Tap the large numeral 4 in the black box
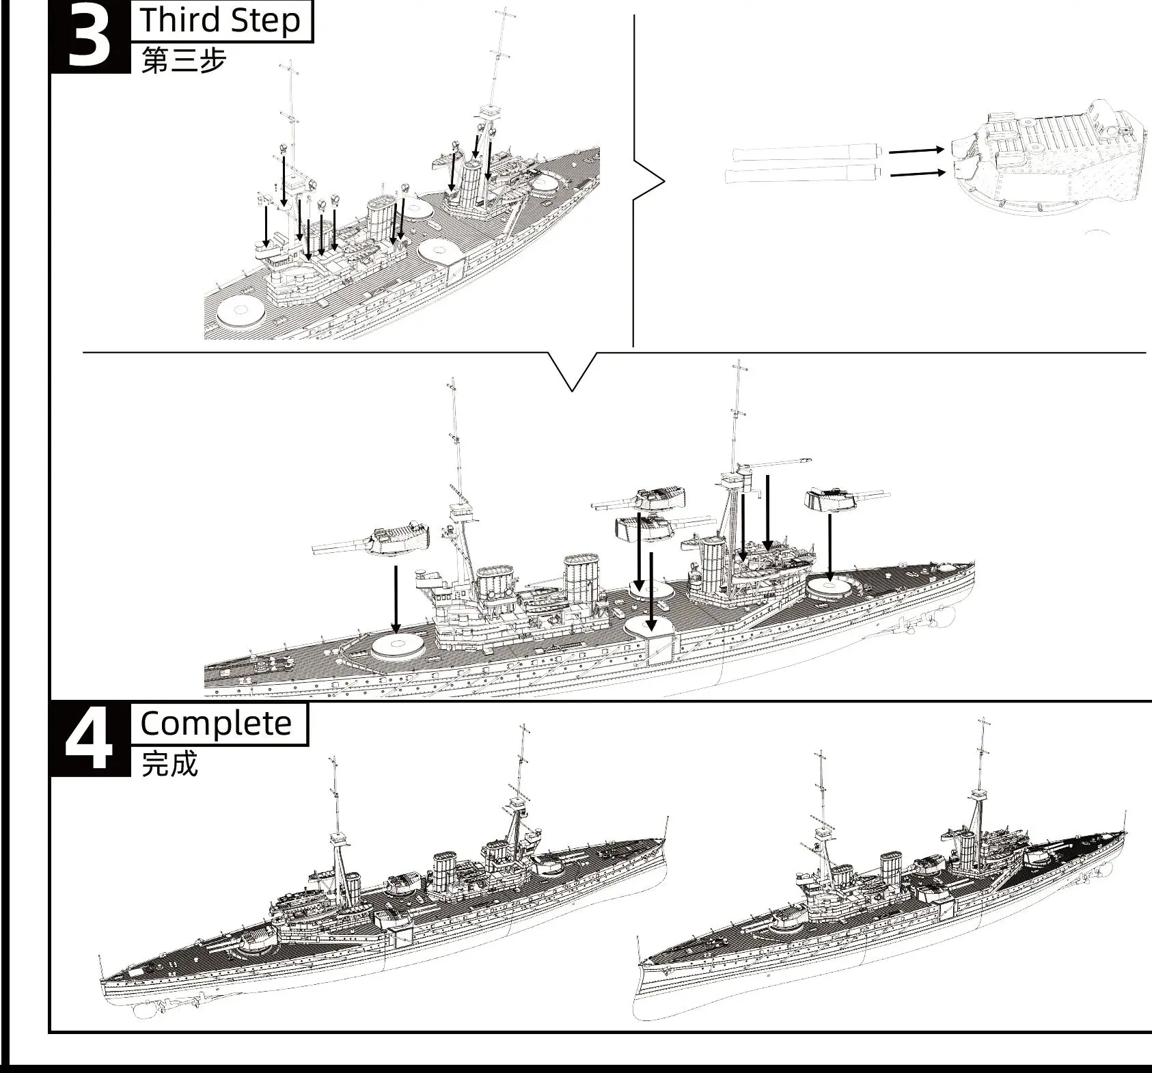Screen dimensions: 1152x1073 pyautogui.click(x=90, y=741)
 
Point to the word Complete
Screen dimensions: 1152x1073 pyautogui.click(x=216, y=724)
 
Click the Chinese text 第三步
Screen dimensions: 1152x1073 pyautogui.click(x=183, y=61)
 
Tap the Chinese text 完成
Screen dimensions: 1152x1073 pyautogui.click(x=169, y=763)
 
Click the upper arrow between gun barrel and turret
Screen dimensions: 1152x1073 pyautogui.click(x=916, y=150)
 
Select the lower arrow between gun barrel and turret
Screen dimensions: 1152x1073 pyautogui.click(x=917, y=173)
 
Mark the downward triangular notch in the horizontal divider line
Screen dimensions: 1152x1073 pyautogui.click(x=572, y=372)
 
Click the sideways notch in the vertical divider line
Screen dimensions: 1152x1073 pyautogui.click(x=649, y=182)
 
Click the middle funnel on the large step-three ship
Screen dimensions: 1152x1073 pyautogui.click(x=581, y=580)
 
